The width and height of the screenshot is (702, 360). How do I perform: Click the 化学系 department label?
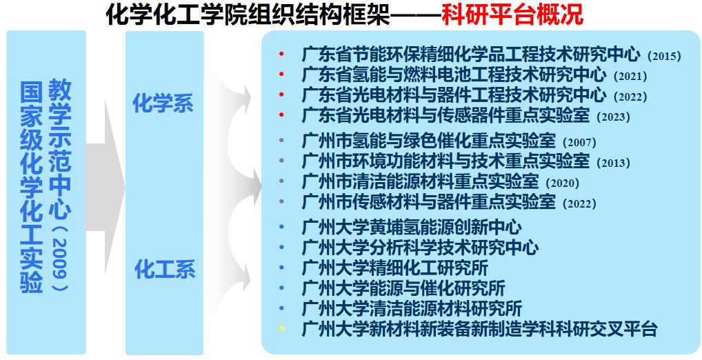coord(163,104)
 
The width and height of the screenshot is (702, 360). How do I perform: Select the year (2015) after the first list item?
coord(664,57)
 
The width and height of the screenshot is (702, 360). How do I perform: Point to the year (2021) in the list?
coord(630,77)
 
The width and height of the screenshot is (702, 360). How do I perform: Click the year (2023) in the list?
coord(613,117)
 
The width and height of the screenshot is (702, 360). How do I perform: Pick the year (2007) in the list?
coord(579,143)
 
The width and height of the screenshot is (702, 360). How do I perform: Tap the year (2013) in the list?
coord(613,163)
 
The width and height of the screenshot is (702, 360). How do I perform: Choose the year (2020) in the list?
coord(562,183)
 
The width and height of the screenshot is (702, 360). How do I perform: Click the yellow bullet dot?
coord(281,329)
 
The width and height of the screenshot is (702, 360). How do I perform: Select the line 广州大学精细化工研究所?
coord(395,268)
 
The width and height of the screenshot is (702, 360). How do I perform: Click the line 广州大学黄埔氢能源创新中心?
coord(412,227)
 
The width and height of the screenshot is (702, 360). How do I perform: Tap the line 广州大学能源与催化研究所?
coord(403,288)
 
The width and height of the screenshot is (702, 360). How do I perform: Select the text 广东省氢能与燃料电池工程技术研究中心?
coord(454,74)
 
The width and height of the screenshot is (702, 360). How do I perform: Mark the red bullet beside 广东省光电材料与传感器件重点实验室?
coord(281,114)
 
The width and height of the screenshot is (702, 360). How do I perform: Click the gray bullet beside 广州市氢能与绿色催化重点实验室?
coord(281,140)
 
